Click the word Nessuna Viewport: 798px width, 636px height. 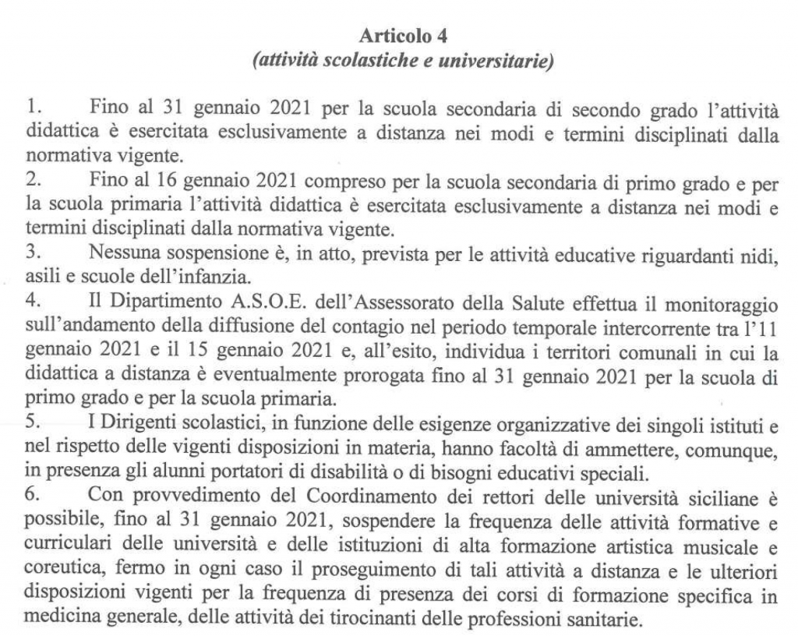tap(122, 254)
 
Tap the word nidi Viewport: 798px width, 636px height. tap(763, 254)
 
